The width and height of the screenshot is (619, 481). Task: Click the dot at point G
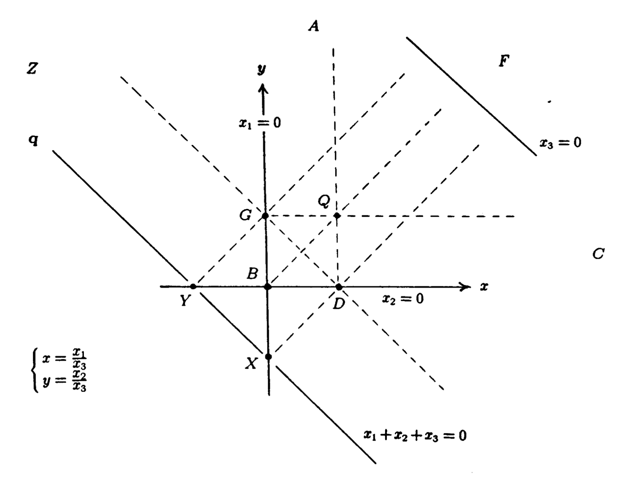coord(265,216)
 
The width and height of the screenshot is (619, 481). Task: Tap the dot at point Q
coord(337,216)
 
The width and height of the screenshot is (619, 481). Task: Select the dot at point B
coord(268,287)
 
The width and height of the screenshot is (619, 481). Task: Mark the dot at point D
coord(339,287)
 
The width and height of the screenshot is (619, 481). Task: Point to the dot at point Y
coord(193,286)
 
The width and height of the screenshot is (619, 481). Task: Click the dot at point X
coord(268,357)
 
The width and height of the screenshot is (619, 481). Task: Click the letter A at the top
coord(313,26)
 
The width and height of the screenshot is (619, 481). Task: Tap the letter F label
coord(503,61)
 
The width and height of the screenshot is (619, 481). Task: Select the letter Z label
coord(32,68)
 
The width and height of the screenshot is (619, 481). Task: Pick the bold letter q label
coord(33,140)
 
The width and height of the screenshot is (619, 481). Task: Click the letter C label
coord(598,253)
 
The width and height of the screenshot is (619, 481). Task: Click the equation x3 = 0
coord(560,143)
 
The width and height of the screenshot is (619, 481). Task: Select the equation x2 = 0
coord(402,299)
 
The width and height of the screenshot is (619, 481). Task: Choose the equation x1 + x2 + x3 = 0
coord(415,435)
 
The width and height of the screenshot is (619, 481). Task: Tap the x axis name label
coord(484,287)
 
